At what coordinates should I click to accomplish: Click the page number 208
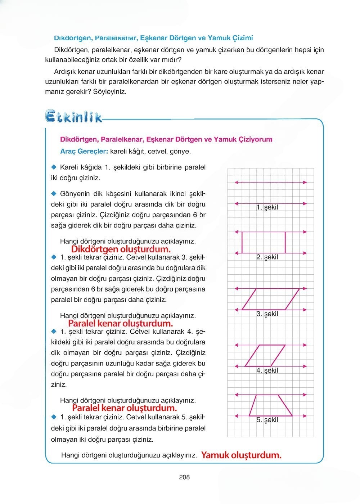click(184, 477)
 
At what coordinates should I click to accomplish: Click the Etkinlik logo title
click(73, 117)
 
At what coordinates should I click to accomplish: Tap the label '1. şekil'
click(267, 207)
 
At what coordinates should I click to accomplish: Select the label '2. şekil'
click(267, 257)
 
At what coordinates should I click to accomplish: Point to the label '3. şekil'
click(267, 314)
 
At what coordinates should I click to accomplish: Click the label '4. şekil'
click(267, 370)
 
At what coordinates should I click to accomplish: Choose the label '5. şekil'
click(267, 420)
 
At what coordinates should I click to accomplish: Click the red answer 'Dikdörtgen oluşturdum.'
click(121, 249)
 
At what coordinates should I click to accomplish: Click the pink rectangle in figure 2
click(264, 243)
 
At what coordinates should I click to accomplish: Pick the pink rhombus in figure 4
click(265, 356)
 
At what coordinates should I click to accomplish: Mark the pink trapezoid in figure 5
click(271, 406)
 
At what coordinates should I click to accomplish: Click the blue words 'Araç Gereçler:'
click(84, 152)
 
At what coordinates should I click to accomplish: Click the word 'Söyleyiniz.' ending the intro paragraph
click(110, 92)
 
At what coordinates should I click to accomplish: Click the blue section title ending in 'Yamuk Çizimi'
click(153, 38)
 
